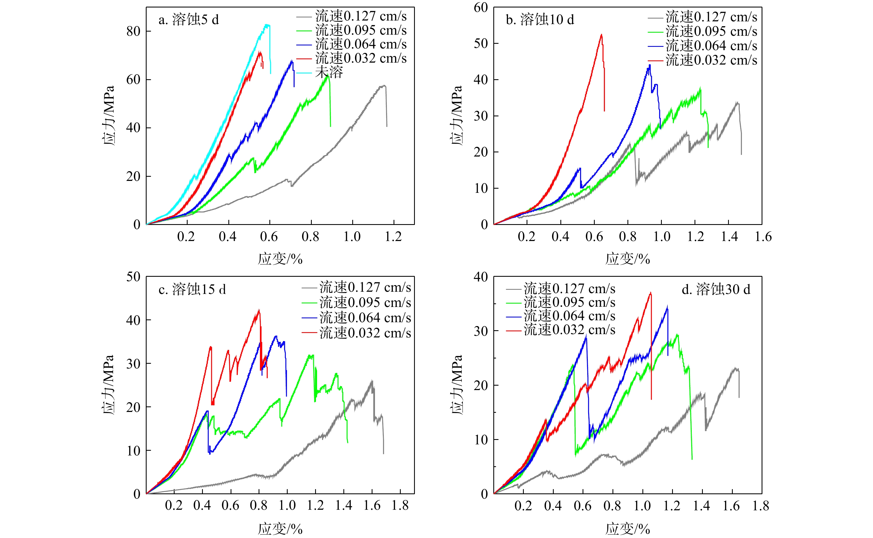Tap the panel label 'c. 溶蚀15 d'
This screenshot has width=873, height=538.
(x=192, y=289)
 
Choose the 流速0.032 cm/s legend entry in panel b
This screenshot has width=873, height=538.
(x=711, y=60)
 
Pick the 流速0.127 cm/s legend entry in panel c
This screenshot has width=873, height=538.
(x=365, y=287)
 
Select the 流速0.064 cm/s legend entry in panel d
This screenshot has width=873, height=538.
(x=569, y=316)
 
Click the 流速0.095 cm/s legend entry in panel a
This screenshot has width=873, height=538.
(x=361, y=30)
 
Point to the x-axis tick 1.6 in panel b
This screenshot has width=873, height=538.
(x=763, y=237)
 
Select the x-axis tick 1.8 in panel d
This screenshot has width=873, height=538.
(x=760, y=506)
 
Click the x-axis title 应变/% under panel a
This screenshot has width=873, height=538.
(x=280, y=259)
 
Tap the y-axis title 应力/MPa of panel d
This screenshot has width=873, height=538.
(x=457, y=384)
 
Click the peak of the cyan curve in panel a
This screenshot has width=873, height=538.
(x=267, y=25)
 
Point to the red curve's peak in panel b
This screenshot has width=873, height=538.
(x=601, y=35)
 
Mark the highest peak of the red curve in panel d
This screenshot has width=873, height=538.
(x=650, y=293)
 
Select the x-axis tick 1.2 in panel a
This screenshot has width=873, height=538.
(x=393, y=237)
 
